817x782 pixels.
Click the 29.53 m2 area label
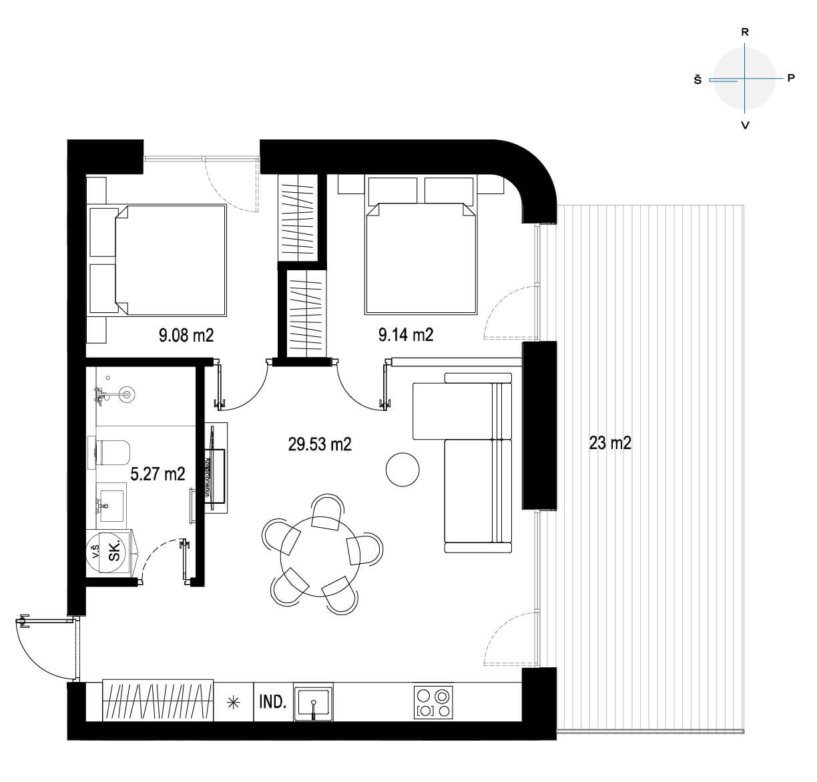tap(320, 444)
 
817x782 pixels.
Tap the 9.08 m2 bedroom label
tap(186, 336)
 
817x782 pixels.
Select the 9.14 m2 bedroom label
tap(406, 335)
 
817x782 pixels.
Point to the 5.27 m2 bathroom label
tap(158, 474)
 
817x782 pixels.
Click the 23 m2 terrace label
tap(610, 443)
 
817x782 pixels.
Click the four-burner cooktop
tap(433, 702)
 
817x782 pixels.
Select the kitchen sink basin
tap(313, 703)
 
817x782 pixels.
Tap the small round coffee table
tap(402, 469)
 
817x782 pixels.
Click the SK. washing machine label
tap(114, 550)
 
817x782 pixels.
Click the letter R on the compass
tap(745, 32)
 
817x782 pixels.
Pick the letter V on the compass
tap(745, 125)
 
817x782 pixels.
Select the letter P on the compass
tap(791, 78)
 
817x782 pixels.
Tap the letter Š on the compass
tap(698, 79)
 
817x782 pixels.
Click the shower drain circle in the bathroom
tap(126, 394)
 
